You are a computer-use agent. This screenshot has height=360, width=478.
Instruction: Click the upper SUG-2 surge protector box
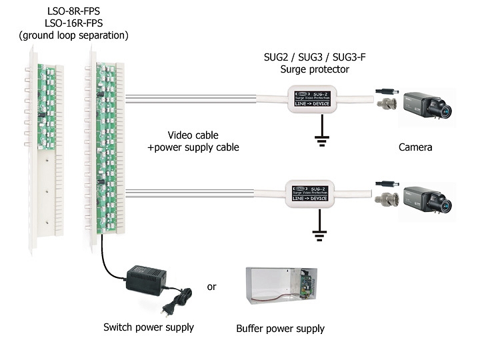coord(312,99)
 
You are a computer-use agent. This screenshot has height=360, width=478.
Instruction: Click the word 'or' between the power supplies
coord(212,287)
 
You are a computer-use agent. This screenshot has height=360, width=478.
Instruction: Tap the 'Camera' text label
coord(415,147)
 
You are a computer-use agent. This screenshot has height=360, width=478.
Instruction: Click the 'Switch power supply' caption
coord(149,327)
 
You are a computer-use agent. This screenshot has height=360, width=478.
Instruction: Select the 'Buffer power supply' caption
coord(280,329)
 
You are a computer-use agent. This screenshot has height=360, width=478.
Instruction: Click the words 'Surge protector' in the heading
coord(315,69)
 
